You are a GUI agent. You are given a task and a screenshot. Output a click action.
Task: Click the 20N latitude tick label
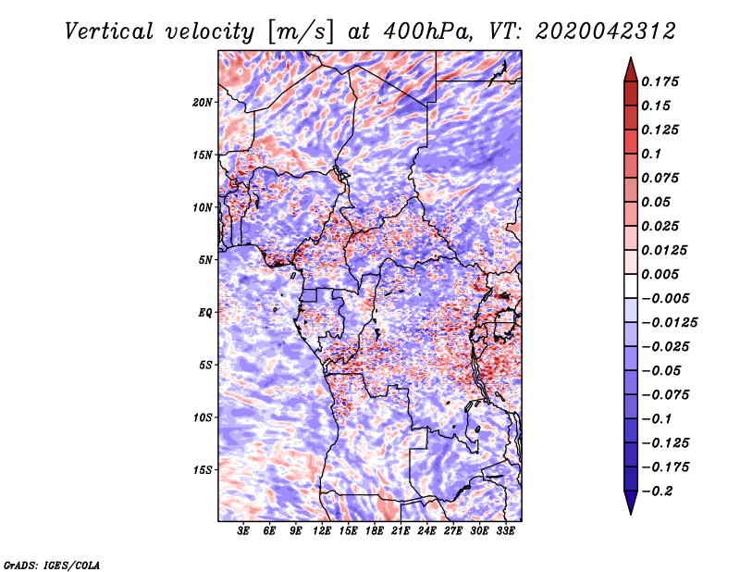[x=203, y=102]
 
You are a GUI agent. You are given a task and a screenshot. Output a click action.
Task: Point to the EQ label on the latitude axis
[x=205, y=313]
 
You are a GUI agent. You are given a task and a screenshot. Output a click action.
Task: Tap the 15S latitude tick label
[x=203, y=470]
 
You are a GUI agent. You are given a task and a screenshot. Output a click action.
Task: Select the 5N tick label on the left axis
[x=206, y=260]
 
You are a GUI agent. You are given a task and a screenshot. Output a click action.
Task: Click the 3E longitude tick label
[x=244, y=531]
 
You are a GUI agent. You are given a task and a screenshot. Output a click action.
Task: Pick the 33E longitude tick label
[x=505, y=531]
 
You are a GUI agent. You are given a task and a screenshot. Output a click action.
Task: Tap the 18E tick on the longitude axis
[x=375, y=531]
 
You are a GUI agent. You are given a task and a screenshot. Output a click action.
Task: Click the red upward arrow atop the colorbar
[x=630, y=67]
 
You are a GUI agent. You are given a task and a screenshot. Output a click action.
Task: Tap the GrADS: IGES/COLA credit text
[x=51, y=564]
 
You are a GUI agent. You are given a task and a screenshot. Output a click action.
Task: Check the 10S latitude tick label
[x=203, y=417]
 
